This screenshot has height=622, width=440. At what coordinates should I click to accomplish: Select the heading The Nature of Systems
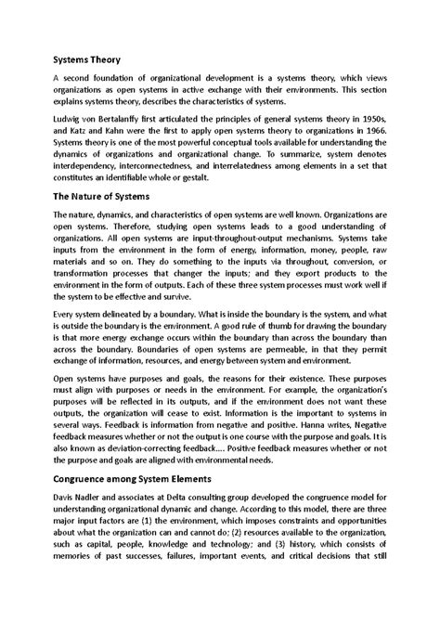coord(103,198)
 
